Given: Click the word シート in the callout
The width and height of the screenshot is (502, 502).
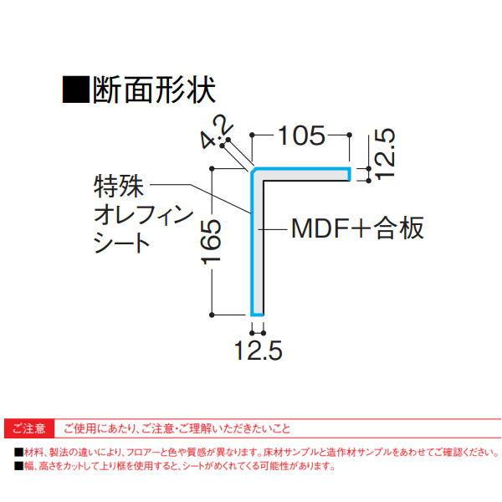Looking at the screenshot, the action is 118,243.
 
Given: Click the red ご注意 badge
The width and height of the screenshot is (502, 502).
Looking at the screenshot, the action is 31,429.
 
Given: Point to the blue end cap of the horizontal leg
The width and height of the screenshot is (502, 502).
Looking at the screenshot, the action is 349,173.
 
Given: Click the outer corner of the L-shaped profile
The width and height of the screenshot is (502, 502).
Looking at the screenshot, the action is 253,170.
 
